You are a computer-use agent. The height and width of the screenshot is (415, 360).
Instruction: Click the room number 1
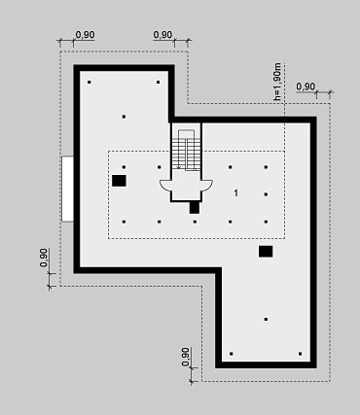point(236,193)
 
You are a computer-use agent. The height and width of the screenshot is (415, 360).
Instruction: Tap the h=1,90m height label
point(277,82)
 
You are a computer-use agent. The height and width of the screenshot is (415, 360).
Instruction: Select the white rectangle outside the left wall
point(67,189)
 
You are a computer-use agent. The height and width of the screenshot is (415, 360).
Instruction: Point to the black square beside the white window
point(119,181)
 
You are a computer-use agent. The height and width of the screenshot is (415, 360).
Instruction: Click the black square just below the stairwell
point(195,207)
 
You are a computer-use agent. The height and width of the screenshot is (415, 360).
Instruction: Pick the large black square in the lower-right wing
point(266,252)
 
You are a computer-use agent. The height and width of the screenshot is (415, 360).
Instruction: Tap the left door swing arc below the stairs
point(164,186)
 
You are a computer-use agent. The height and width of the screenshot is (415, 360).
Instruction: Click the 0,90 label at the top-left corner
point(85,35)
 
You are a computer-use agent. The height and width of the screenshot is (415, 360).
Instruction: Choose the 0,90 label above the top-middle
point(162,35)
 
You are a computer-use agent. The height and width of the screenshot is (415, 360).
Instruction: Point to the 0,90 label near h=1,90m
point(306,86)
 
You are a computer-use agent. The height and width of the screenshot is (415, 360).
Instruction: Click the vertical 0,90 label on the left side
point(44,258)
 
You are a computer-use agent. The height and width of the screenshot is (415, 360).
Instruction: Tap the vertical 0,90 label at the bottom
point(186,357)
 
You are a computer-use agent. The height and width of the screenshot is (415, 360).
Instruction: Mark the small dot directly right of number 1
point(266,194)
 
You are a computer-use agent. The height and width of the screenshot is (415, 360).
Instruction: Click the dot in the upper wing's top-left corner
point(90,82)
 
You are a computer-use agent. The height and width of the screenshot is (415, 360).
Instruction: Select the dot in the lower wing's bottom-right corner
point(301,354)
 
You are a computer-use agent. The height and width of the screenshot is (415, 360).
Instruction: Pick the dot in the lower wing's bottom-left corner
point(232,354)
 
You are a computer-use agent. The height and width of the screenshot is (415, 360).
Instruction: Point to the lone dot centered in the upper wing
point(124,117)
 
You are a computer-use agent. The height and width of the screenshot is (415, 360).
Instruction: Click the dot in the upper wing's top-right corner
point(159,82)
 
